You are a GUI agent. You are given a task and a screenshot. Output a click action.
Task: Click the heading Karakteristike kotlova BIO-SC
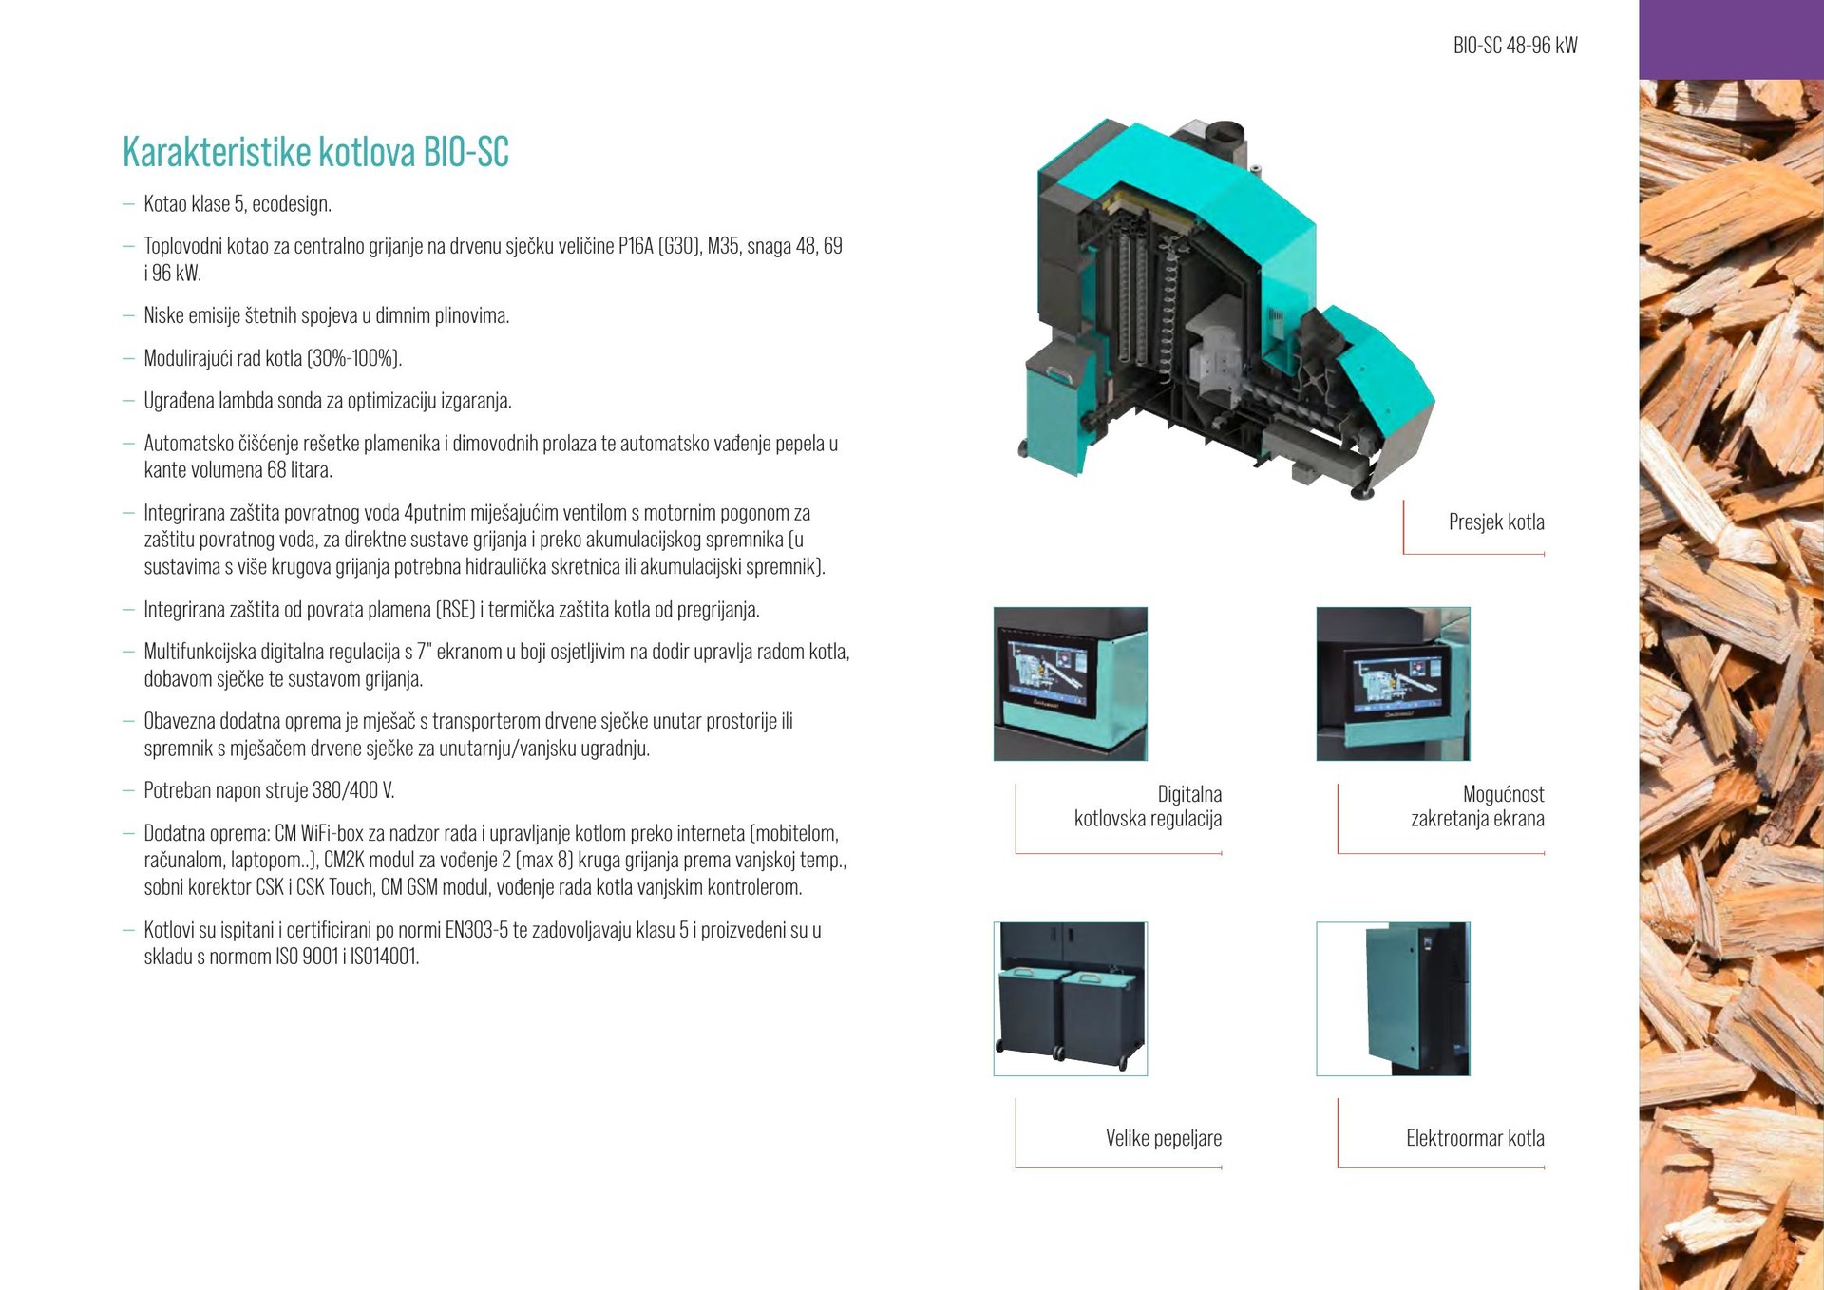[315, 152]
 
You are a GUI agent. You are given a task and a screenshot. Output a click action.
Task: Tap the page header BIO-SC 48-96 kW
[1515, 46]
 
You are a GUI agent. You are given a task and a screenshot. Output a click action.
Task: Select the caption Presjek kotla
[1496, 522]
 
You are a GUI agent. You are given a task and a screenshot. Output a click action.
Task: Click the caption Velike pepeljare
[1164, 1138]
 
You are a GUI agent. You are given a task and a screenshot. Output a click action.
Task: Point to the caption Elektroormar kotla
[1475, 1138]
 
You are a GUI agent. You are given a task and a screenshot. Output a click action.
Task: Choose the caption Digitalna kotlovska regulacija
[1148, 806]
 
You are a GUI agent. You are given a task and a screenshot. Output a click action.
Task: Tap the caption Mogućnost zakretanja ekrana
[1477, 806]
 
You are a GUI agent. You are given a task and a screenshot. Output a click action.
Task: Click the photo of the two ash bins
[1071, 998]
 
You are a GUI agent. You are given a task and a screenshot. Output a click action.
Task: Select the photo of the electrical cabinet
[1393, 998]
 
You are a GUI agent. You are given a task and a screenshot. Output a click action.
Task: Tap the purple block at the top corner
[1731, 39]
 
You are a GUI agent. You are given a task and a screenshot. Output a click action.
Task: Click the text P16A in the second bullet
[636, 246]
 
